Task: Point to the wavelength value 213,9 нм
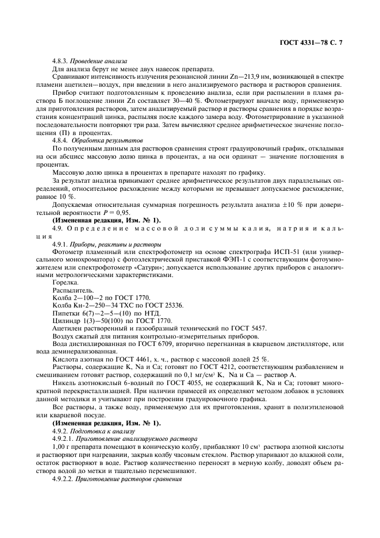(252, 76)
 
